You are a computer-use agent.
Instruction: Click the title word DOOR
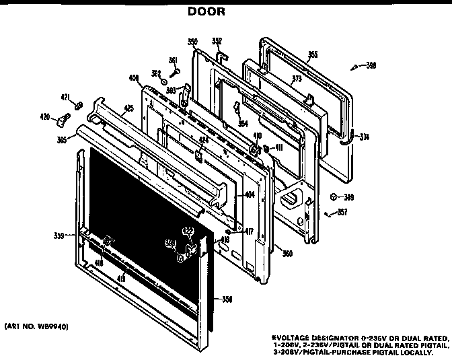click(x=206, y=11)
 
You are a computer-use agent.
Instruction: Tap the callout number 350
click(x=192, y=42)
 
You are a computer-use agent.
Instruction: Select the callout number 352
click(x=217, y=40)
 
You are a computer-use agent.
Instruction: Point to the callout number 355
click(x=312, y=55)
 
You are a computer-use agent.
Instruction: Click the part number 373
click(x=277, y=79)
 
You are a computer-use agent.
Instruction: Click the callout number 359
click(x=59, y=236)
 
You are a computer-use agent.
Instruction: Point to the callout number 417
click(x=249, y=232)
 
